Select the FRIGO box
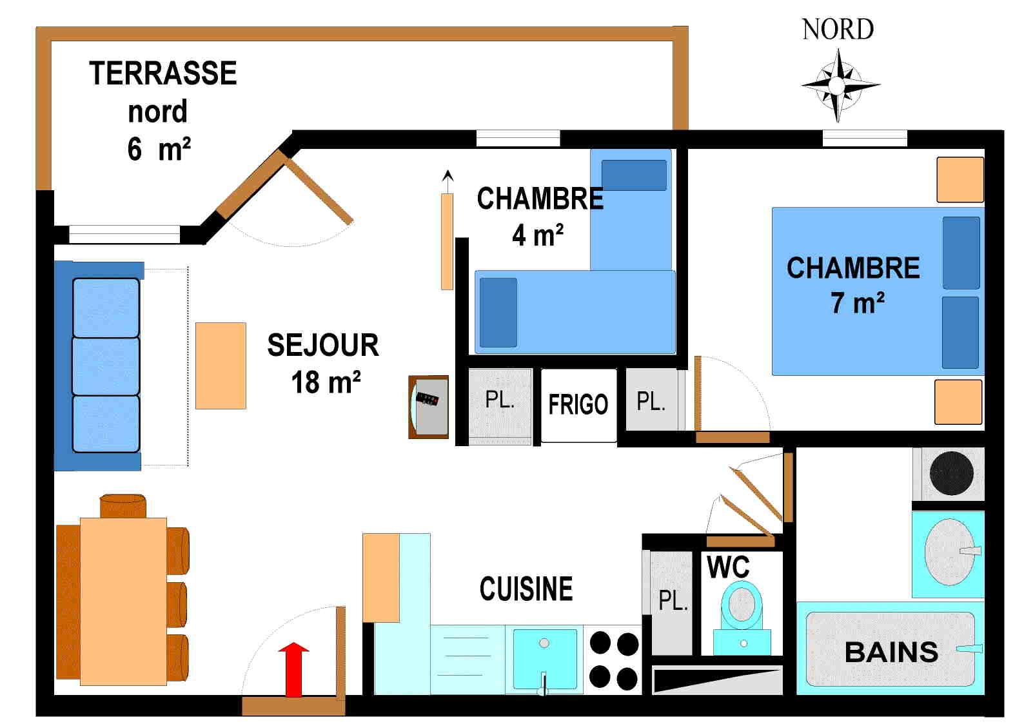point(578,405)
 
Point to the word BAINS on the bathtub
point(891,652)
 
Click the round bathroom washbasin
point(949,553)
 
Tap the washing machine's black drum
point(952,473)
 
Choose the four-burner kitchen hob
point(613,660)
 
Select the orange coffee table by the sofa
point(221,366)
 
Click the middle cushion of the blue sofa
point(106,366)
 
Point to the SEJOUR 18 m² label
point(324,364)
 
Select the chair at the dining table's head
point(123,505)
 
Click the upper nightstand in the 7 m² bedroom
point(960,180)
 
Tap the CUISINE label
point(526,589)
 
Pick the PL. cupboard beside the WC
point(671,602)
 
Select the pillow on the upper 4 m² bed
point(633,175)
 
